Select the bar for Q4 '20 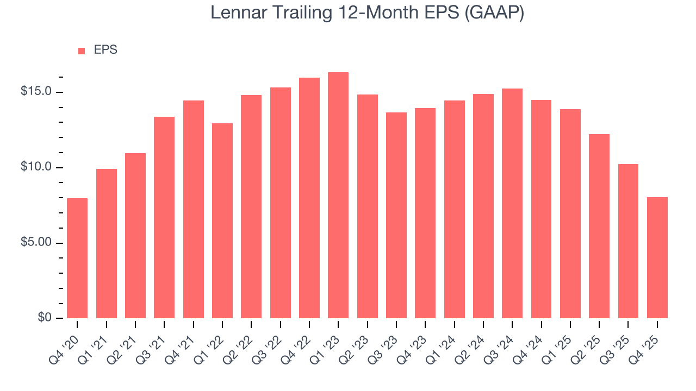(77, 258)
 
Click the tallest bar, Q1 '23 (338, 195)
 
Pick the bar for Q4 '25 (657, 257)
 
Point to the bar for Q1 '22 (222, 220)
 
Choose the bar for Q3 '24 (512, 203)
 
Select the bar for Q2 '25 (599, 226)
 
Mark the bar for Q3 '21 (164, 217)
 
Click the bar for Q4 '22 (309, 198)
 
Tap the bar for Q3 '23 (396, 215)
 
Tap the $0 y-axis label (45, 318)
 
